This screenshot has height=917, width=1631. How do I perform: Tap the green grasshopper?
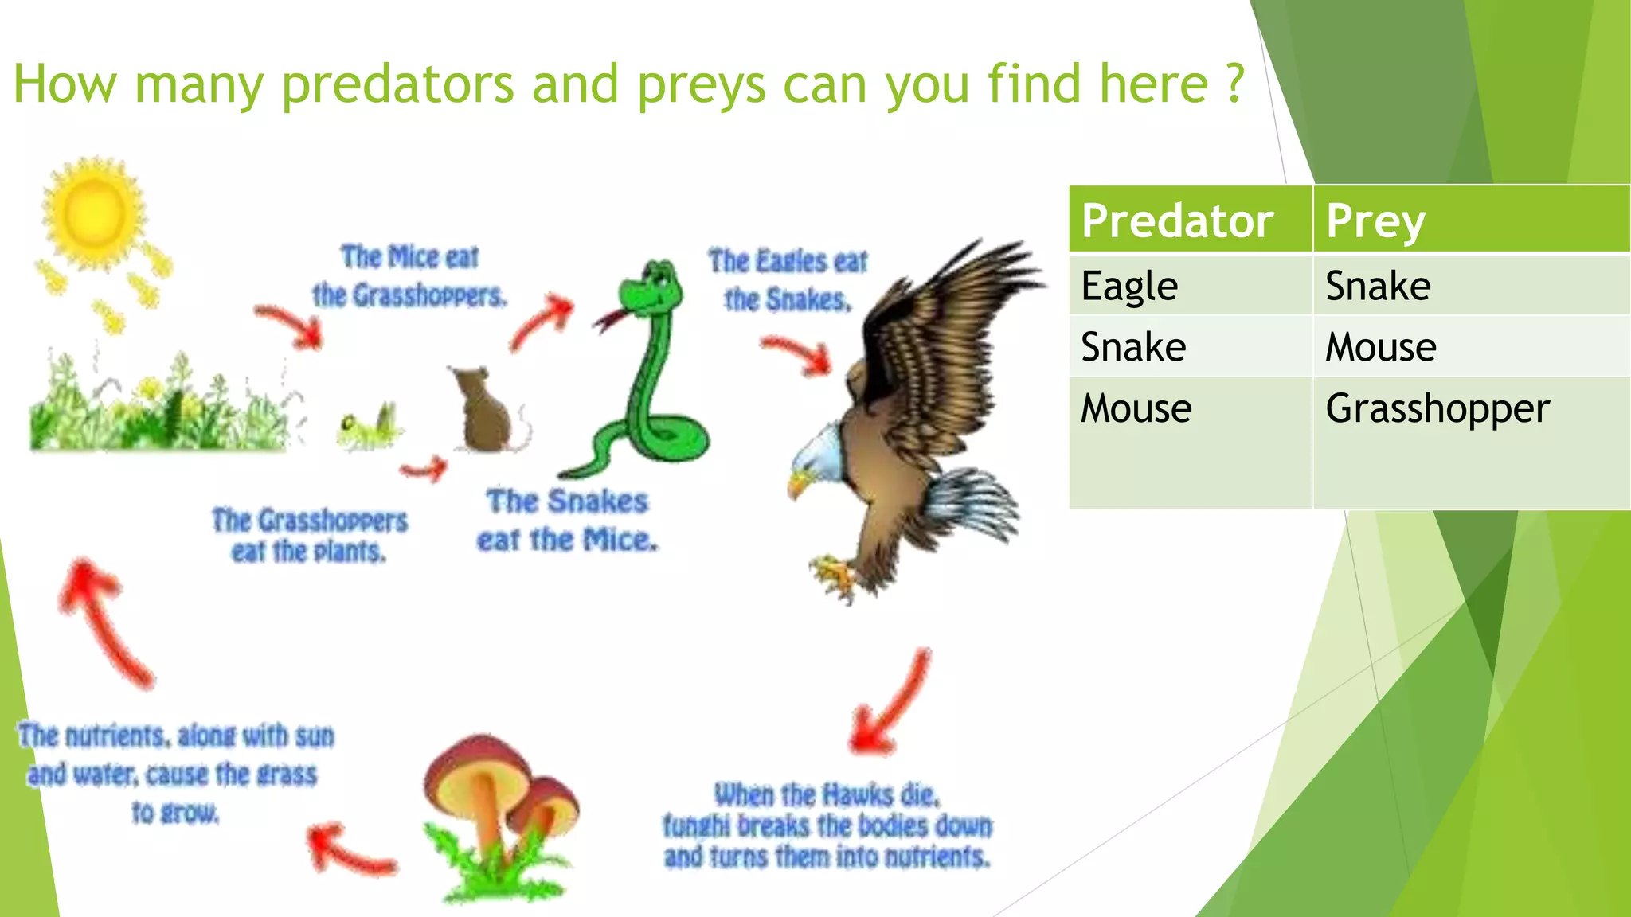tap(368, 428)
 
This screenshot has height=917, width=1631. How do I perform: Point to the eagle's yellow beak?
tap(797, 483)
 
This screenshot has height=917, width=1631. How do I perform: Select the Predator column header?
tap(1177, 220)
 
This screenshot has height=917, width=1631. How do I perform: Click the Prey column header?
tap(1375, 220)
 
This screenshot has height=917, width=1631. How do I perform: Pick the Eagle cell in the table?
tap(1128, 285)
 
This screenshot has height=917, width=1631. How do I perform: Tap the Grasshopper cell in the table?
tap(1437, 408)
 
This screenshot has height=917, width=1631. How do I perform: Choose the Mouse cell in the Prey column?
tap(1380, 347)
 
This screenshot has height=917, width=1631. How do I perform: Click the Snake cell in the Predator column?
tap(1132, 347)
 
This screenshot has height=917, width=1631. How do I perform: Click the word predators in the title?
tap(398, 84)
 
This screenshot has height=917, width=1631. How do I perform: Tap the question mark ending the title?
tap(1234, 84)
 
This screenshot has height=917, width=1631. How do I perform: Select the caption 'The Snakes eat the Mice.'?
tap(567, 521)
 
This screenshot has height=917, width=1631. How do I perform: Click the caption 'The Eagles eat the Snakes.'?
tap(787, 280)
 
